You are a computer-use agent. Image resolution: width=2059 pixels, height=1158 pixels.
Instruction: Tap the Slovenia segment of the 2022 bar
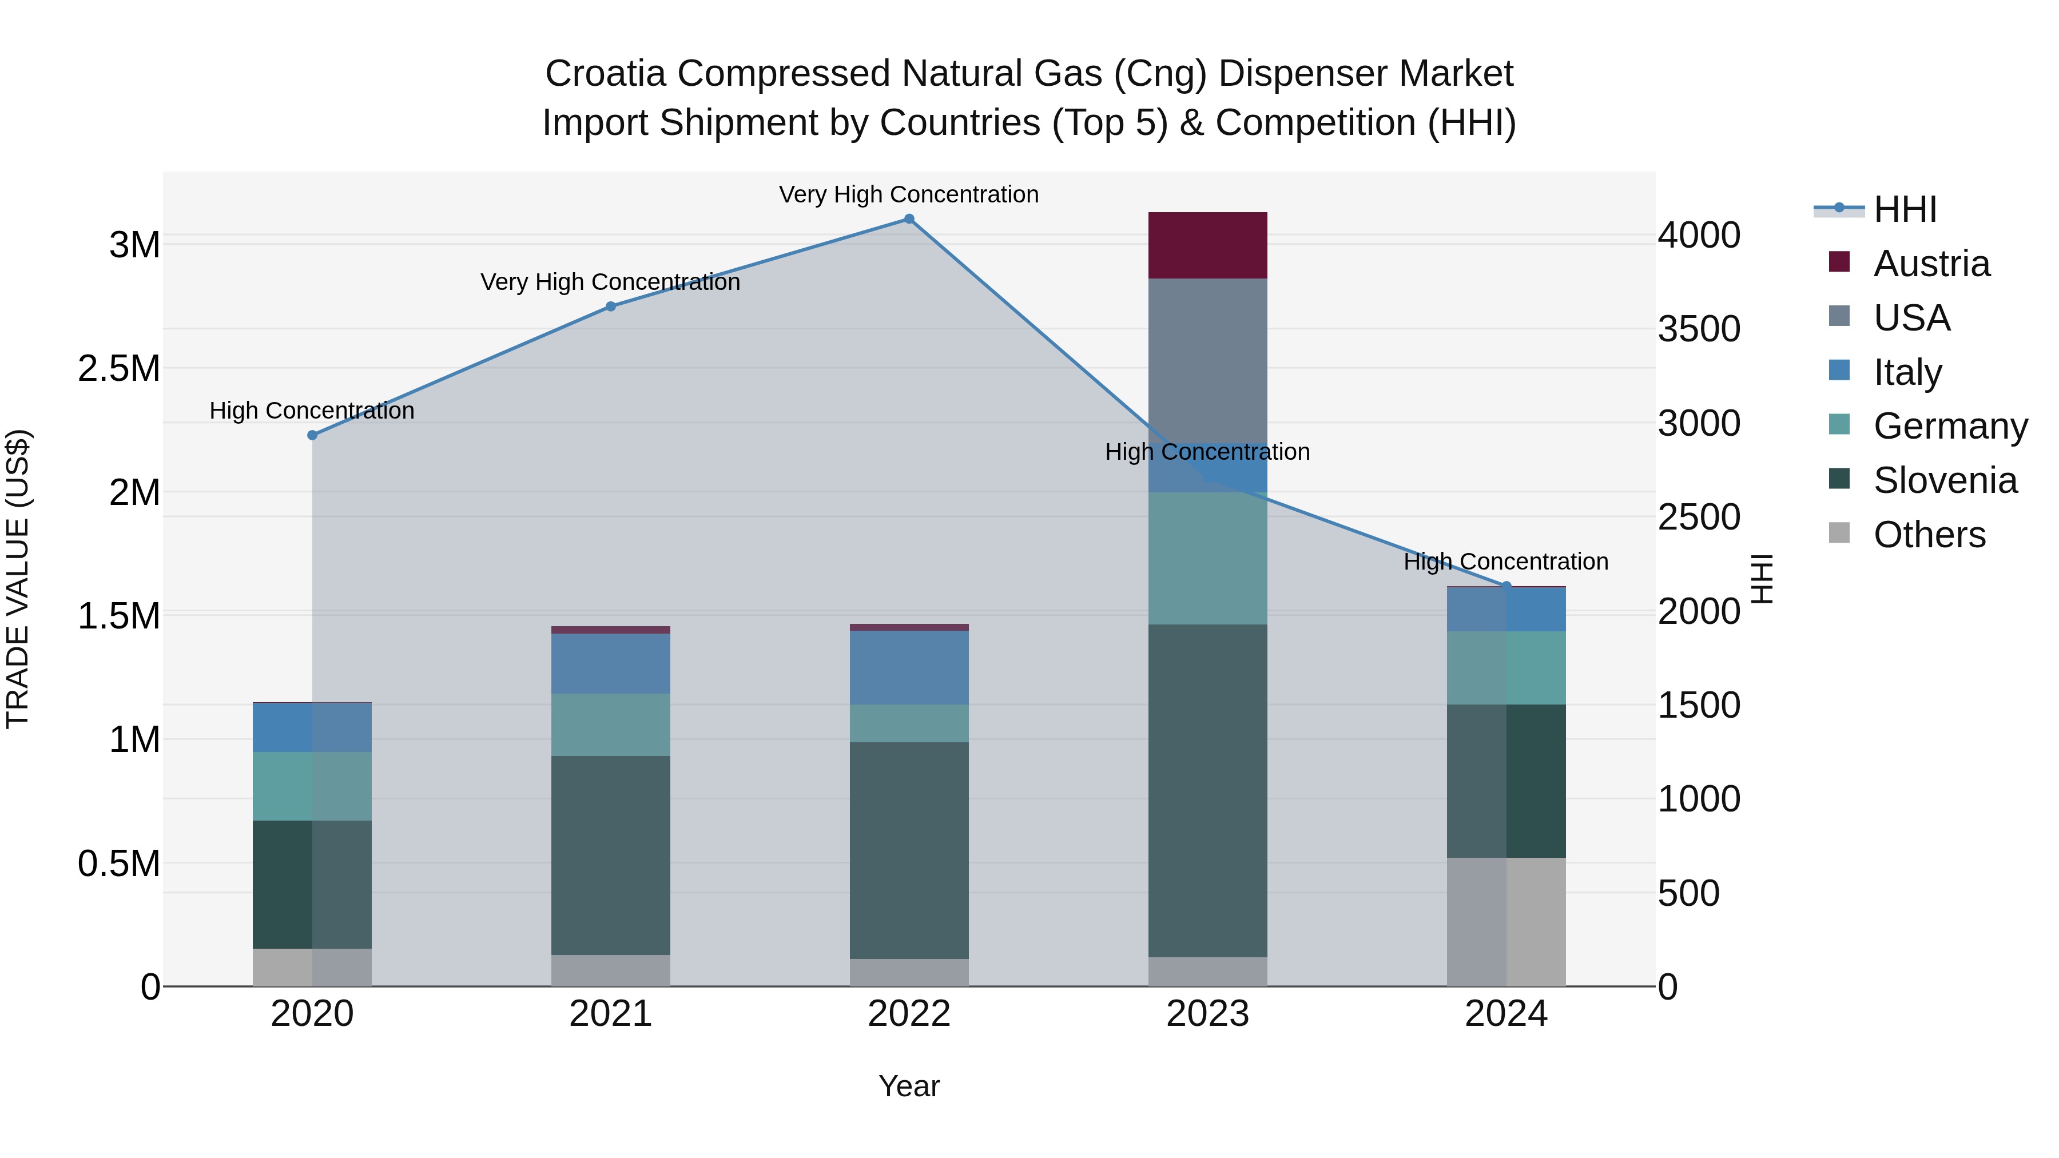909,850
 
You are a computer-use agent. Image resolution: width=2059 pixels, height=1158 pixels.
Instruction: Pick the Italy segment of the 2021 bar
611,663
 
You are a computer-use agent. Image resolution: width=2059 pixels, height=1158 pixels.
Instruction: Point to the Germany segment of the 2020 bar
312,786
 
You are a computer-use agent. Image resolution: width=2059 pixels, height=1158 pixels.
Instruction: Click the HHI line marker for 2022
909,219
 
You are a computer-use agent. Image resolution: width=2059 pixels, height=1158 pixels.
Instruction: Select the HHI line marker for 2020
312,435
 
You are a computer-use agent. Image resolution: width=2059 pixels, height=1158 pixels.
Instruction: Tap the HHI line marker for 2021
611,306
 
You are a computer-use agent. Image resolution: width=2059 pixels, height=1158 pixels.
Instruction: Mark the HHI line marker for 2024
1506,586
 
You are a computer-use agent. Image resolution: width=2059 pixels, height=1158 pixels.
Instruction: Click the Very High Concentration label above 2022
909,194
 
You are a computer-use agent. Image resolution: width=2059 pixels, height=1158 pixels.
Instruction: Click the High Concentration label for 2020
312,411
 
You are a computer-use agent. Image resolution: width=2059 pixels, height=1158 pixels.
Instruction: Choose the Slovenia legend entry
1944,480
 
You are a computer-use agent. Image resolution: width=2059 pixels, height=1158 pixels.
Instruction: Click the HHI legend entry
1904,209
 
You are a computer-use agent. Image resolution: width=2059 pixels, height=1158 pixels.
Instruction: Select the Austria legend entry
1930,264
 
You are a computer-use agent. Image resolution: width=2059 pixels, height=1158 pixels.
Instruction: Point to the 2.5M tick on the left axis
118,368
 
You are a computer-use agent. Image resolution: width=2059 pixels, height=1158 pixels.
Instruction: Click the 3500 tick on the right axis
1699,328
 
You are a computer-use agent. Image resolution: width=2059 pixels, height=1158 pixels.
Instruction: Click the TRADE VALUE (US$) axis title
18,579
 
